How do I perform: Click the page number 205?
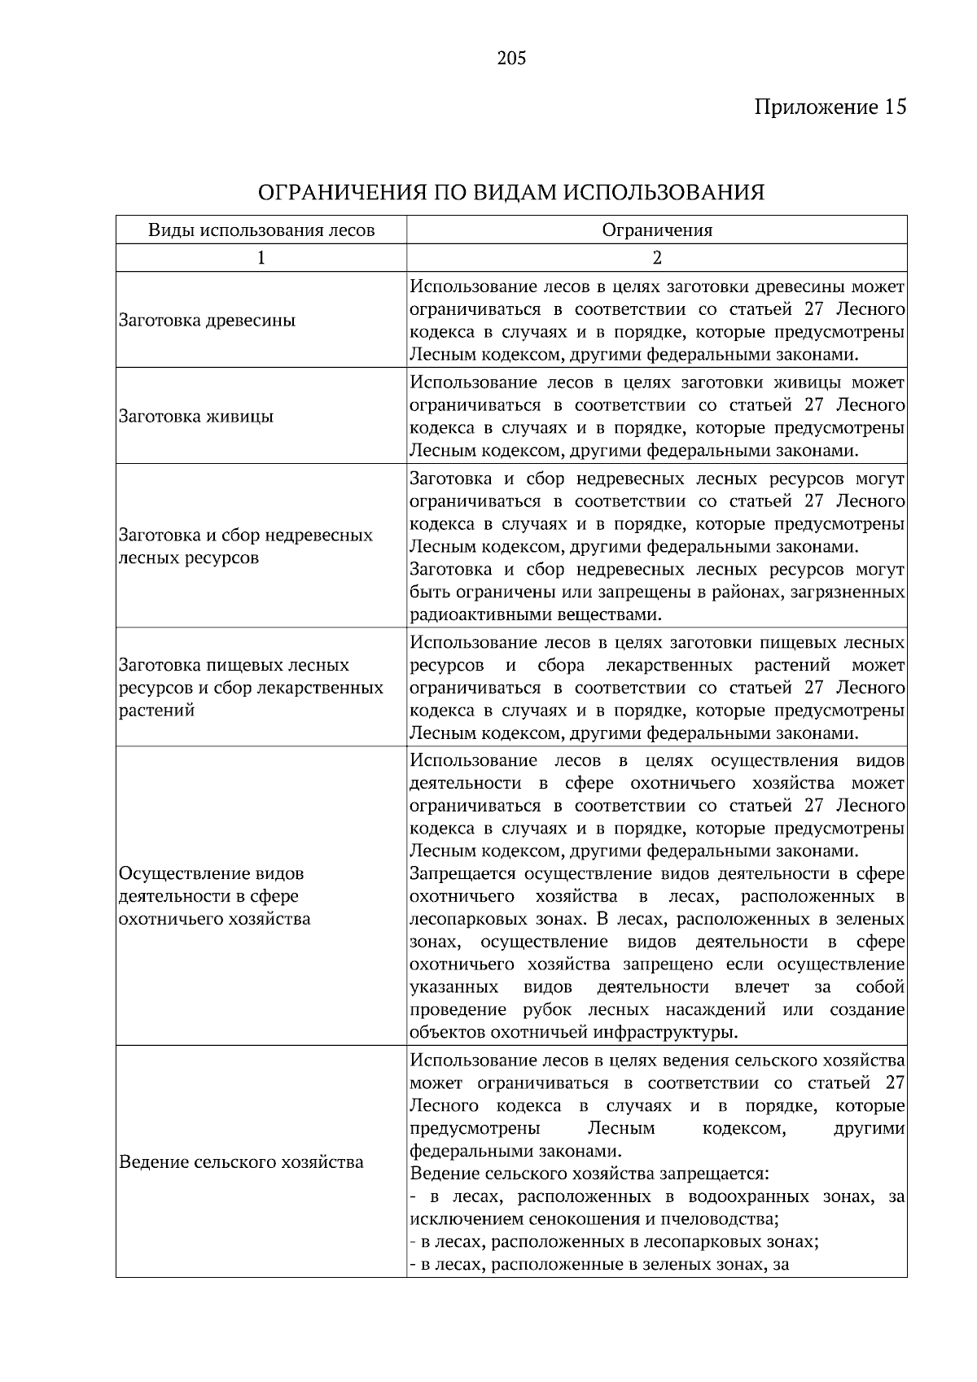511,59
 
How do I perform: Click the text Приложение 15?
830,107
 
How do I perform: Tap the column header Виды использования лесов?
261,230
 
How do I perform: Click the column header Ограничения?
657,230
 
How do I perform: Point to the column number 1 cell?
261,258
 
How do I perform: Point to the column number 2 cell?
657,258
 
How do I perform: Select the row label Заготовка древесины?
207,321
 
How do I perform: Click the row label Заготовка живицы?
195,417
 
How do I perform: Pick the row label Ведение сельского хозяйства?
241,1162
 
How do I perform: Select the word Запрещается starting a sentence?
462,874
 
